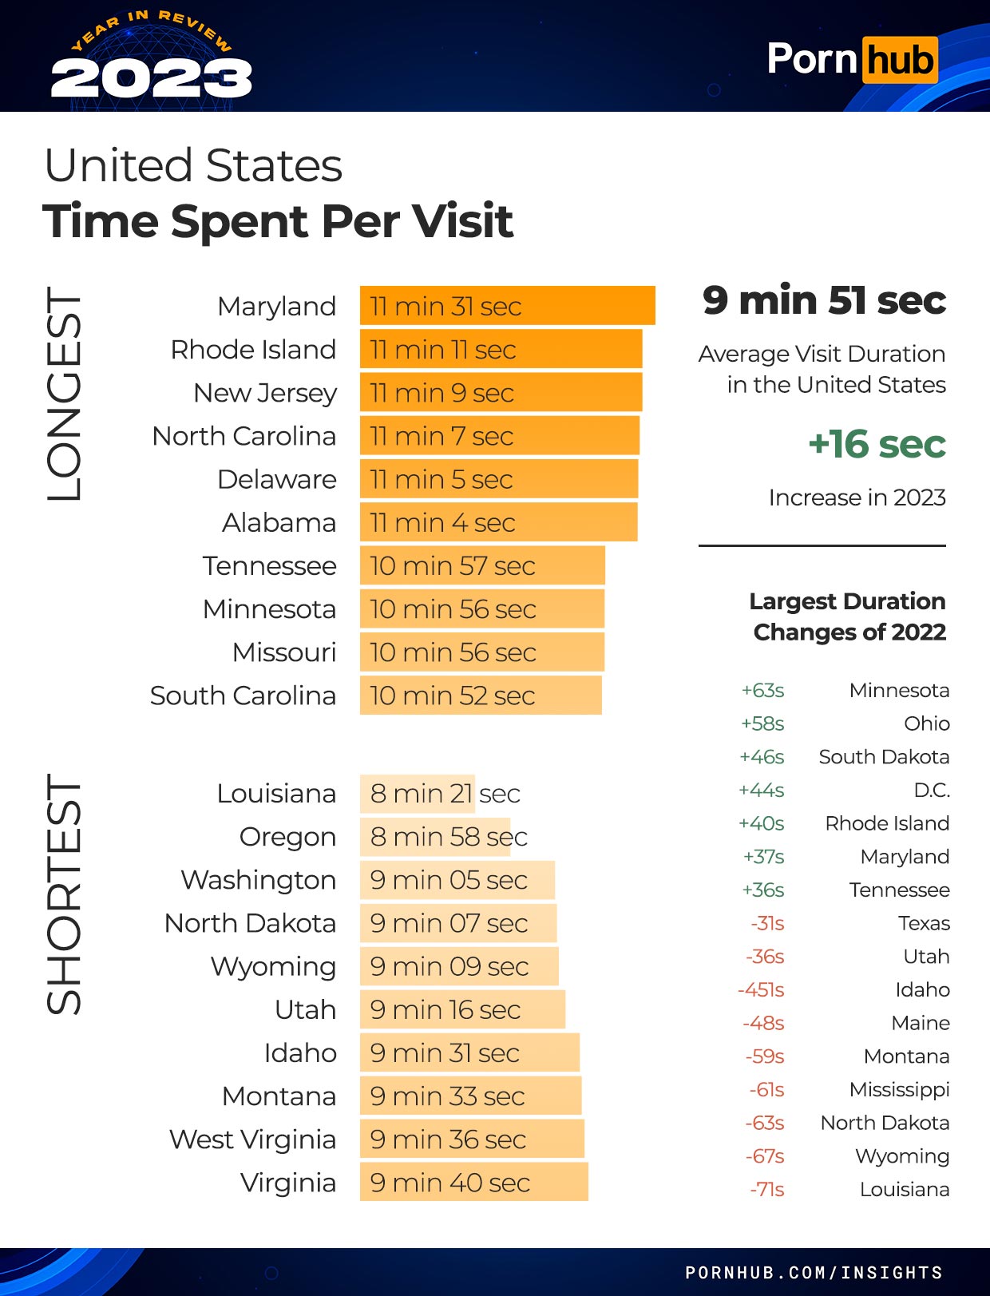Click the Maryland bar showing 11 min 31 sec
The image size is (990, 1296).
pyautogui.click(x=507, y=306)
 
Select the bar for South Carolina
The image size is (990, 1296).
pyautogui.click(x=480, y=696)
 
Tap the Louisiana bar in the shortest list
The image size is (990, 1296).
pyautogui.click(x=418, y=794)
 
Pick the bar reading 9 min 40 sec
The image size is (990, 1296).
pyautogui.click(x=473, y=1183)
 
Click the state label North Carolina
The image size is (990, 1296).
pyautogui.click(x=244, y=436)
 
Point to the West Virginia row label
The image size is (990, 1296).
pyautogui.click(x=252, y=1139)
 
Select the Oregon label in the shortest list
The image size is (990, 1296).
pyautogui.click(x=287, y=837)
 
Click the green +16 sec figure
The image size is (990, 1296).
pyautogui.click(x=877, y=445)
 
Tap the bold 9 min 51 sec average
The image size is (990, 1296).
pyautogui.click(x=824, y=301)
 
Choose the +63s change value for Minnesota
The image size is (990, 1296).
pyautogui.click(x=762, y=690)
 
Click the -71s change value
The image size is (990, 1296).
pyautogui.click(x=766, y=1189)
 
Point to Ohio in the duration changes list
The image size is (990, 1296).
pyautogui.click(x=926, y=723)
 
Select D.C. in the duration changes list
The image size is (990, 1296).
pyautogui.click(x=932, y=791)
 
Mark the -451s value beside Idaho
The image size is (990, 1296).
pyautogui.click(x=761, y=990)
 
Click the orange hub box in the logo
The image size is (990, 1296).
pyautogui.click(x=900, y=60)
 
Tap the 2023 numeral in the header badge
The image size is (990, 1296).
pyautogui.click(x=152, y=78)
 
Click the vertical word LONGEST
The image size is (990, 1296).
pyautogui.click(x=65, y=394)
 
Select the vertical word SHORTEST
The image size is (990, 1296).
pyautogui.click(x=65, y=894)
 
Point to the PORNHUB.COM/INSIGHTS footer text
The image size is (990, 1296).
pyautogui.click(x=814, y=1272)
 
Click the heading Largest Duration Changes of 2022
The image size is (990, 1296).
pyautogui.click(x=848, y=616)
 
